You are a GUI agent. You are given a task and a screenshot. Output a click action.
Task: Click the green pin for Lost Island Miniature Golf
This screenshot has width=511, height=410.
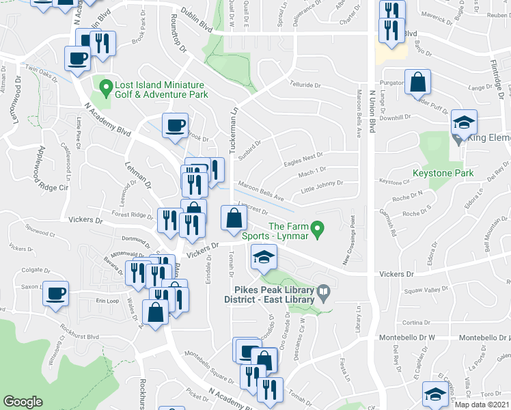tap(106, 87)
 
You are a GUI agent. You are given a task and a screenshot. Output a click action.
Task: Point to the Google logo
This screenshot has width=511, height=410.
tap(22, 402)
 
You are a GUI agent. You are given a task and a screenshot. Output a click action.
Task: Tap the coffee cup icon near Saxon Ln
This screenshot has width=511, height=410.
tap(56, 294)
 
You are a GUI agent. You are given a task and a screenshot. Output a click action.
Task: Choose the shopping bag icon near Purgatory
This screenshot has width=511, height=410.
tap(417, 82)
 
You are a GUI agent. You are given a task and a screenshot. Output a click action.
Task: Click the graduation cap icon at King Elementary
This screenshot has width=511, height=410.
tap(464, 122)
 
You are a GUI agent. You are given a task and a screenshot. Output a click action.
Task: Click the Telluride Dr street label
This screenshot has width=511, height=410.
tap(304, 85)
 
